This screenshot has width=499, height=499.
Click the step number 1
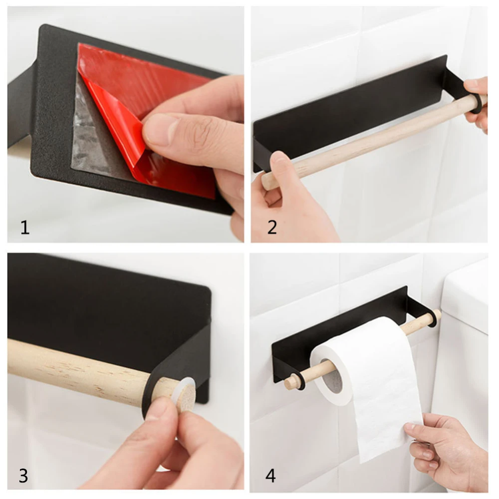(x=25, y=228)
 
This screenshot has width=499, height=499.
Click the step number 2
(x=272, y=228)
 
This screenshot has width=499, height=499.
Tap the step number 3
(x=23, y=476)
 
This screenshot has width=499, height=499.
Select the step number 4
(x=270, y=476)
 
